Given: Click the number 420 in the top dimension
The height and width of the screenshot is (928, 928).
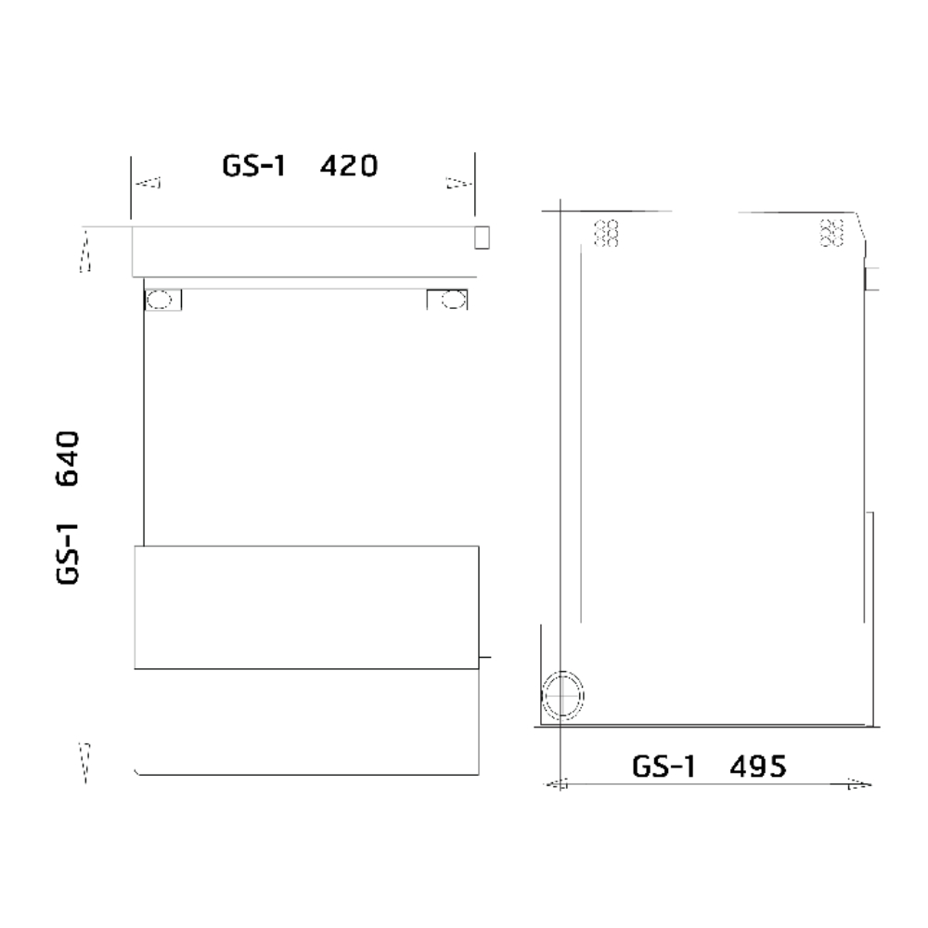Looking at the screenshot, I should [x=349, y=167].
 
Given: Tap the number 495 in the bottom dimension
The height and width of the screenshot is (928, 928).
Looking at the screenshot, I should [x=758, y=767].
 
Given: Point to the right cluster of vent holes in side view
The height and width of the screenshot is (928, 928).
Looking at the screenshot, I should [x=832, y=233].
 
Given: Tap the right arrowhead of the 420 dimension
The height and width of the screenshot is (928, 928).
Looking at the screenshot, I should [x=457, y=183].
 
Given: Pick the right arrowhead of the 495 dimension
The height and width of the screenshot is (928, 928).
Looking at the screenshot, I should [x=859, y=785].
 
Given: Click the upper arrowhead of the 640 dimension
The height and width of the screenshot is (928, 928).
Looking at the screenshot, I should [x=85, y=251].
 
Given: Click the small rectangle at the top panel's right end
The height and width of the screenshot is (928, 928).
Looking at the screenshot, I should [x=481, y=238].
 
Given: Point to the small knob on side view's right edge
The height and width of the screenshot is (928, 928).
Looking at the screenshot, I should [x=871, y=277].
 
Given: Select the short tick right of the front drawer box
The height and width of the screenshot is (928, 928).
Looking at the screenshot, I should [x=483, y=660].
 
